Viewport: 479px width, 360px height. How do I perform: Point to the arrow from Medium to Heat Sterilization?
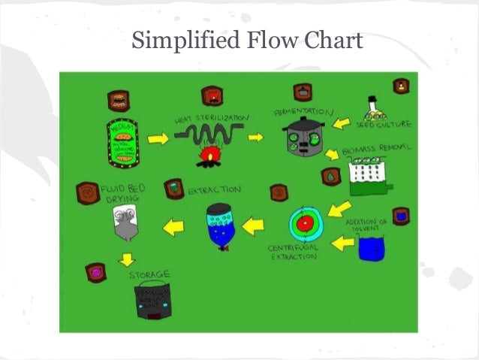pos(158,139)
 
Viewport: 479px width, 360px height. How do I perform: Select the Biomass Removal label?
pos(376,150)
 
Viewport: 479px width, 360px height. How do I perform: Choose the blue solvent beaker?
pos(371,247)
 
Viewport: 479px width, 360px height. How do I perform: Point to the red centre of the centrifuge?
pos(305,224)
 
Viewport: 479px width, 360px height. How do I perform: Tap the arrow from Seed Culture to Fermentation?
pos(342,123)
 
